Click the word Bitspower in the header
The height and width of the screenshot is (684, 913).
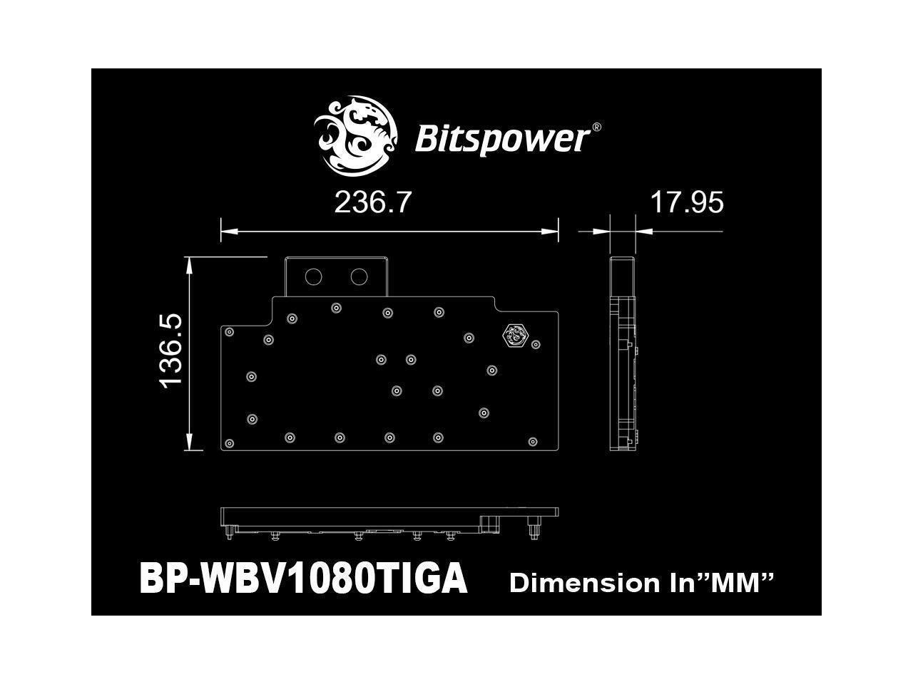(501, 138)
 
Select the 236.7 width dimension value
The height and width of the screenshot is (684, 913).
(373, 202)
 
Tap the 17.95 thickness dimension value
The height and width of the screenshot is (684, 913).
(686, 202)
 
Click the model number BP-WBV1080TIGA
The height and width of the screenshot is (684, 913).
(303, 579)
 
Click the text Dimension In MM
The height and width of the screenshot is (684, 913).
(641, 583)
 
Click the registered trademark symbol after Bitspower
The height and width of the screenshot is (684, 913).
(596, 128)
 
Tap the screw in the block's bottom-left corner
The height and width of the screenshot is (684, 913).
(229, 443)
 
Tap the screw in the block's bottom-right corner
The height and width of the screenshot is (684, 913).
(532, 442)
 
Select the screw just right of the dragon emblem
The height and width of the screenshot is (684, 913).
(537, 344)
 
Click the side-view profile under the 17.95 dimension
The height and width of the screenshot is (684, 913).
(623, 353)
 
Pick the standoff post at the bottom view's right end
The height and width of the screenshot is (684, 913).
(532, 528)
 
